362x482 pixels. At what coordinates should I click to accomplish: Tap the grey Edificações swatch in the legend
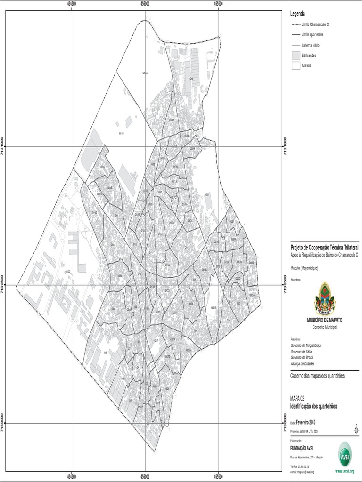tap(296, 56)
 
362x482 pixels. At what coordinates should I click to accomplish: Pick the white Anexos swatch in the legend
tap(296, 66)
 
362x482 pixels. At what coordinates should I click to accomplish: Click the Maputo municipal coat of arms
tap(325, 298)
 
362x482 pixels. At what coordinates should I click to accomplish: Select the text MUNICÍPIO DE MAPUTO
tap(325, 320)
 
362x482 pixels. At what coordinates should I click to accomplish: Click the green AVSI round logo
tap(345, 454)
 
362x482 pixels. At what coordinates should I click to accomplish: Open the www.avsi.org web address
tap(345, 471)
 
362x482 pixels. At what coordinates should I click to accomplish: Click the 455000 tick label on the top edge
tap(145, 3)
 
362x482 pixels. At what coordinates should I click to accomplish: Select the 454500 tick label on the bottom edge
tap(72, 477)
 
